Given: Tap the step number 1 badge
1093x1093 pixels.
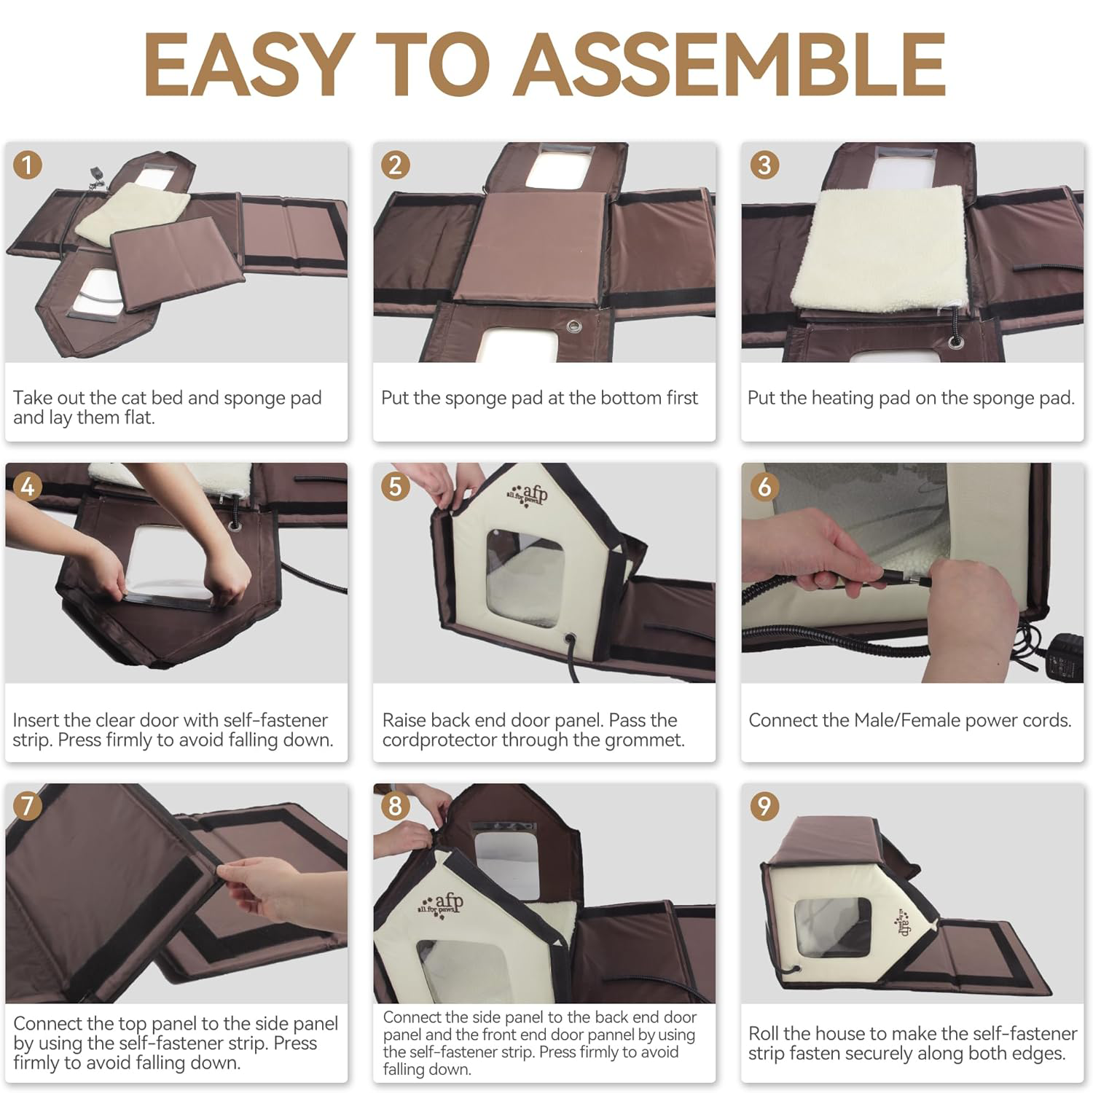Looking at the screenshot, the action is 28,165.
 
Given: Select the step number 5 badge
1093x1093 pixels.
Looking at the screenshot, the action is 396,486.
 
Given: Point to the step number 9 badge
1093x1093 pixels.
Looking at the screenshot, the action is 764,806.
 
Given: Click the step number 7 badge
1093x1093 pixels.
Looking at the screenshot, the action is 28,806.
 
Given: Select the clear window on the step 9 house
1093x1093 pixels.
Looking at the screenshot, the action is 833,928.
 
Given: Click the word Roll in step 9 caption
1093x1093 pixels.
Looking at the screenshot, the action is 764,1033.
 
